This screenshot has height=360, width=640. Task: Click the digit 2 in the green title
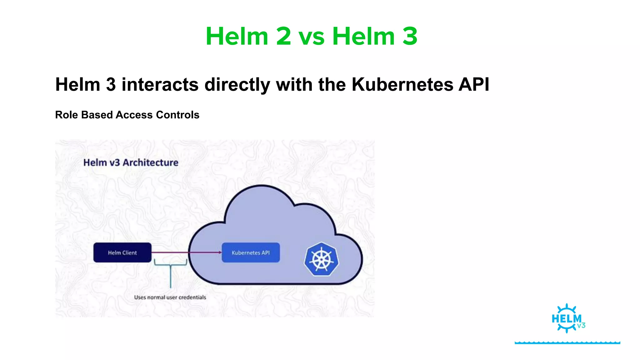[283, 37]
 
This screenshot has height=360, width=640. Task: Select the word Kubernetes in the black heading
[402, 84]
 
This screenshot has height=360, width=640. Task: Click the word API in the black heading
[474, 84]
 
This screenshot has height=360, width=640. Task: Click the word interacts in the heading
[160, 84]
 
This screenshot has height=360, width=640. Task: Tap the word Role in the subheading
[67, 115]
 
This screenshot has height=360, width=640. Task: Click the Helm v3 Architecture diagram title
[131, 162]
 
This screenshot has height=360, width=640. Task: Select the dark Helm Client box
[122, 252]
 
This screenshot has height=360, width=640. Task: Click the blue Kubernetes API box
[251, 252]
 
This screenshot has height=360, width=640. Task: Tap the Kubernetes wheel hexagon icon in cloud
[321, 259]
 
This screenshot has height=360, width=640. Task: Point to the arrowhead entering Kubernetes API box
[220, 252]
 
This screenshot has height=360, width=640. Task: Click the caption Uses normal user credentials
[170, 297]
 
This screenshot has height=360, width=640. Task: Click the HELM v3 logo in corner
[567, 318]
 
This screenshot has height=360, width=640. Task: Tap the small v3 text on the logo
[581, 326]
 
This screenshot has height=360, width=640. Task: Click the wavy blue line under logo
[567, 342]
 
